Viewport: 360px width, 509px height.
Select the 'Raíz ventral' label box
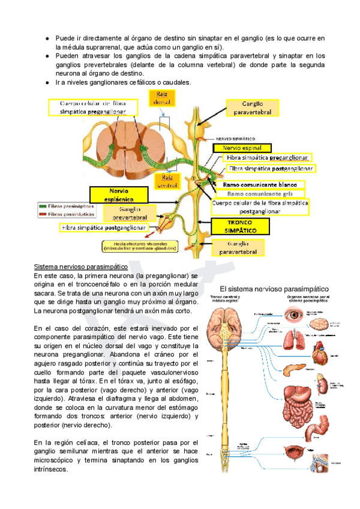164,181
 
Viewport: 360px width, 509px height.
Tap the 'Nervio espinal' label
242,147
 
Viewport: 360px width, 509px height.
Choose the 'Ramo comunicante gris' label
263,194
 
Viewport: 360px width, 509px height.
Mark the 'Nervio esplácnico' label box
119,194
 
